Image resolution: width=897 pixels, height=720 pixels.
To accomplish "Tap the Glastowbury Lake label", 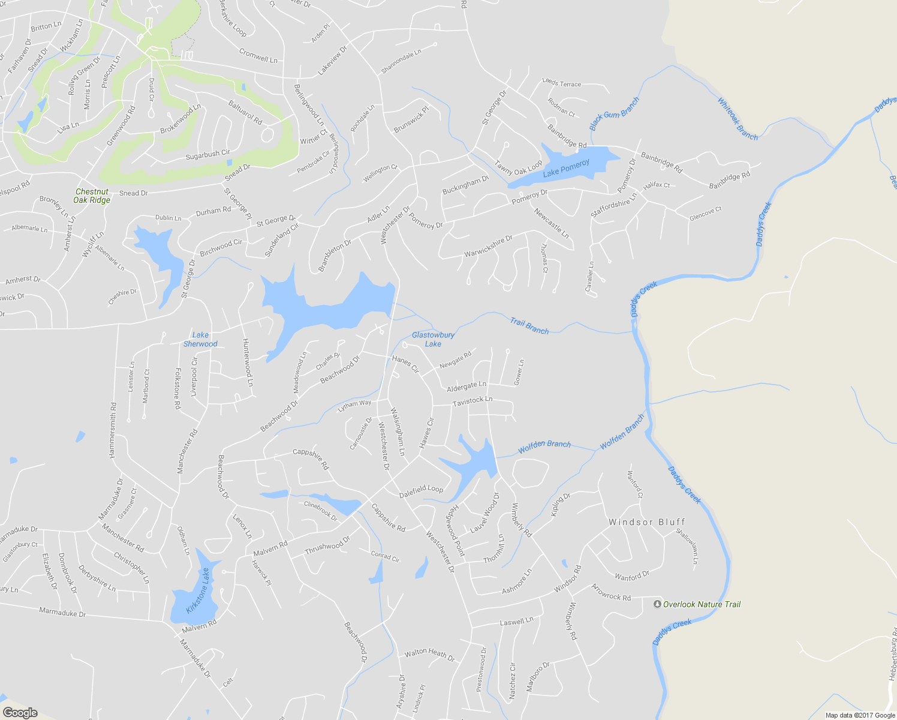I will pyautogui.click(x=433, y=340).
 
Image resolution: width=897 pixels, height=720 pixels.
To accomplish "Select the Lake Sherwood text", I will pyautogui.click(x=200, y=340).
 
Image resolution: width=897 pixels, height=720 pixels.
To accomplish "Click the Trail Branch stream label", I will pyautogui.click(x=529, y=326).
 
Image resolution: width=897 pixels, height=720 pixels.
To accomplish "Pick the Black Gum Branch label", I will pyautogui.click(x=614, y=113).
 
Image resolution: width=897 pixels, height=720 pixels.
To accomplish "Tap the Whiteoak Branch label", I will pyautogui.click(x=738, y=119).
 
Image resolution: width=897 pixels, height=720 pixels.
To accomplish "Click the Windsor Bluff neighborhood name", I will pyautogui.click(x=646, y=522).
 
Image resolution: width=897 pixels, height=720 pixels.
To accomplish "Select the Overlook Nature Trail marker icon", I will pyautogui.click(x=657, y=604).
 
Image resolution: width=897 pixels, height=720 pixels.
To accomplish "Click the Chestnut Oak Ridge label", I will pyautogui.click(x=92, y=196).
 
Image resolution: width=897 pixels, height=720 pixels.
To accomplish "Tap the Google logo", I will pyautogui.click(x=20, y=713).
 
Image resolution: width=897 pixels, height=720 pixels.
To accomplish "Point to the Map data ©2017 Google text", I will pyautogui.click(x=860, y=715).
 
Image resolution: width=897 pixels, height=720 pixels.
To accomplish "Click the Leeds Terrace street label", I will pyautogui.click(x=561, y=83).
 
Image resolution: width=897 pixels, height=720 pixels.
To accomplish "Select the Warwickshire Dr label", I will pyautogui.click(x=488, y=246).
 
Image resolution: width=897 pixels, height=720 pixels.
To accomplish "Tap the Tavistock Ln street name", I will pyautogui.click(x=472, y=401).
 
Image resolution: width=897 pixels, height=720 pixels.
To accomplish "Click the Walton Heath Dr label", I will pyautogui.click(x=429, y=654).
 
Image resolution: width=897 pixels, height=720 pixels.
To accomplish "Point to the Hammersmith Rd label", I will pyautogui.click(x=112, y=431).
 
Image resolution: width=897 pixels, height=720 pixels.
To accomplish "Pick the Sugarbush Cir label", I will pyautogui.click(x=207, y=154).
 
